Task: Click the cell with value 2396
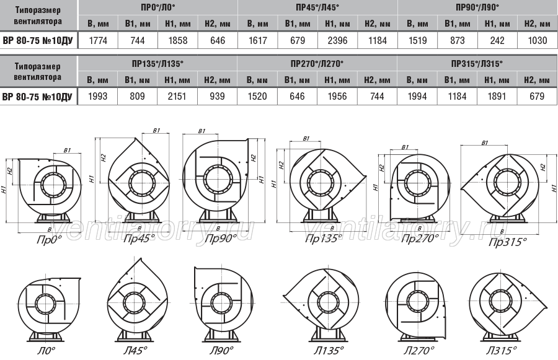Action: pos(337,40)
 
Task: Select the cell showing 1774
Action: pos(98,40)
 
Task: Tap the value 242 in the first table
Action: pos(497,40)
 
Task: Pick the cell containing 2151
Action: pos(177,97)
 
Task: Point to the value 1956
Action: pos(337,97)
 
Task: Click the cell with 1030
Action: pos(538,40)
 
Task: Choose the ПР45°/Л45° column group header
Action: pos(317,7)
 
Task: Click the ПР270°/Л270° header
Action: pos(317,64)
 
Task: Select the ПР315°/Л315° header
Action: pos(477,64)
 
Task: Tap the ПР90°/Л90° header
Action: pos(477,7)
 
